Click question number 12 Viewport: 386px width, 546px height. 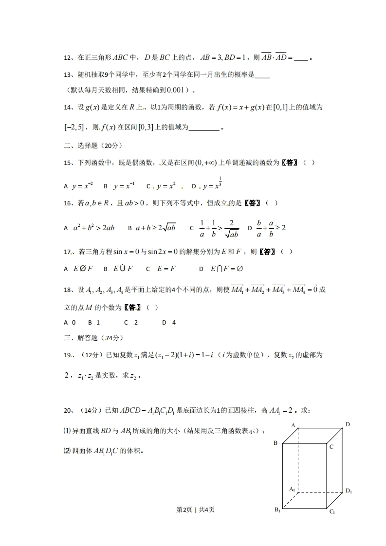click(x=68, y=58)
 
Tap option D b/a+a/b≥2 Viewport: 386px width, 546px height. click(x=266, y=227)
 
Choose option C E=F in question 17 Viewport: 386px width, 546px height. click(x=160, y=269)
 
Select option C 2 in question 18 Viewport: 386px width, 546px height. click(x=131, y=322)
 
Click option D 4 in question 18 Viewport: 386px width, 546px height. click(x=169, y=322)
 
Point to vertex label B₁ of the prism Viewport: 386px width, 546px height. click(x=276, y=510)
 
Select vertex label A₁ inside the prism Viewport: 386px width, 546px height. click(x=292, y=489)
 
